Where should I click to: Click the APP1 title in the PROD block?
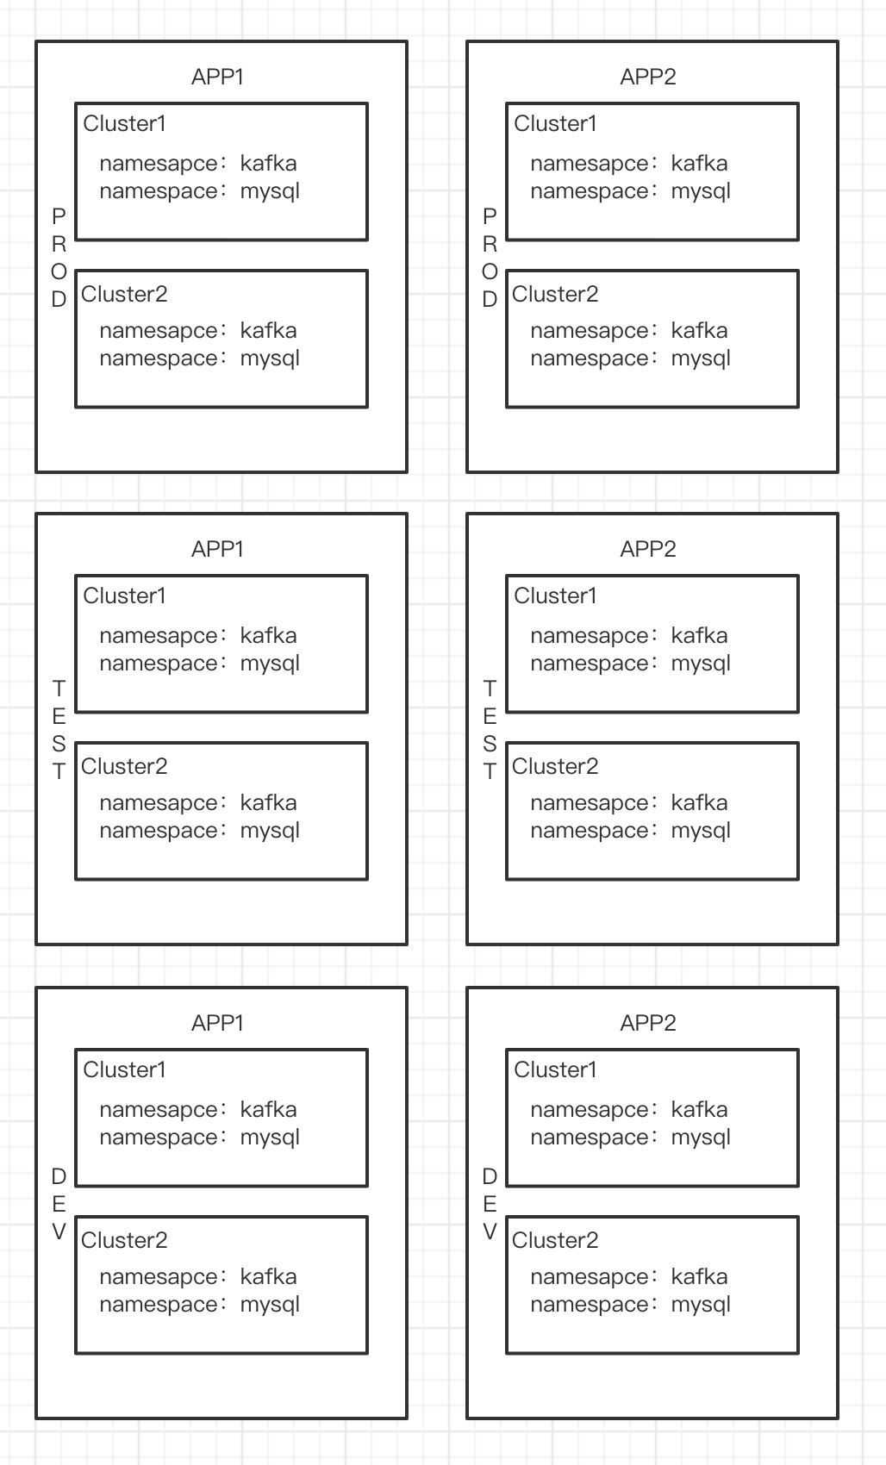point(217,78)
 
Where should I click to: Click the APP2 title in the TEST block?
point(648,550)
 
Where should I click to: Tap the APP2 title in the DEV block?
point(648,1023)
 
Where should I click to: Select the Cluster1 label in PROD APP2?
point(555,123)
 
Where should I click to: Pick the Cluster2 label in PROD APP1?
point(124,295)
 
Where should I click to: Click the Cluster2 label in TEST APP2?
point(555,766)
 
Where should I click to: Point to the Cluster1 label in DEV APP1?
point(124,1070)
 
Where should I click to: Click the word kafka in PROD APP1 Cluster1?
point(268,164)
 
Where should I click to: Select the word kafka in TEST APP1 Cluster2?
point(268,803)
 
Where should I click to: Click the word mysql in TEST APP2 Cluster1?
point(701,664)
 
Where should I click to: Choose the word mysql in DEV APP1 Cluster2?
point(270,1305)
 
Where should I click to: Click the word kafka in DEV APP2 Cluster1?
point(699,1110)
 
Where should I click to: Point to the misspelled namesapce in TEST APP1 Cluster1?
point(159,636)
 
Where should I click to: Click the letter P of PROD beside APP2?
point(490,215)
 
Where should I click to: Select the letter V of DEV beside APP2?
point(490,1232)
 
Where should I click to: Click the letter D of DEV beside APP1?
point(59,1176)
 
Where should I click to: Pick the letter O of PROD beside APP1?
point(59,272)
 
